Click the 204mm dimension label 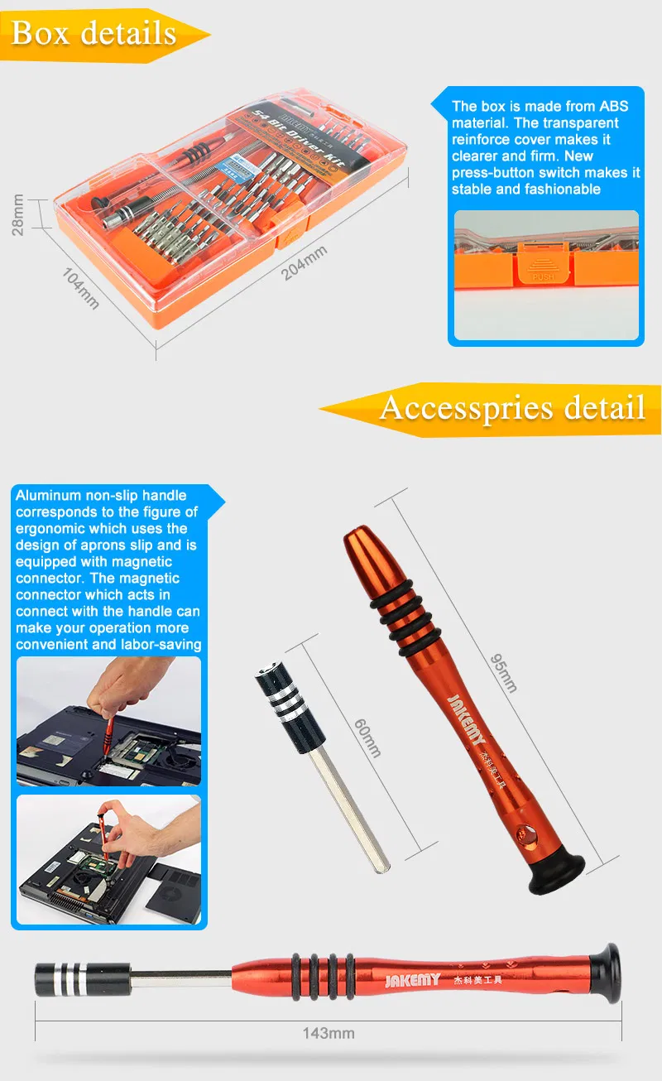pyautogui.click(x=305, y=262)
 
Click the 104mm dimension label pyautogui.click(x=81, y=289)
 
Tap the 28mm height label pyautogui.click(x=17, y=215)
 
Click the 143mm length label pyautogui.click(x=329, y=1033)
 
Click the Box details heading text pyautogui.click(x=94, y=33)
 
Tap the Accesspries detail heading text pyautogui.click(x=512, y=407)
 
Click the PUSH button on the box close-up pyautogui.click(x=544, y=274)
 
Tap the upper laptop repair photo pyautogui.click(x=108, y=721)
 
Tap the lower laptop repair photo pyautogui.click(x=108, y=860)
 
